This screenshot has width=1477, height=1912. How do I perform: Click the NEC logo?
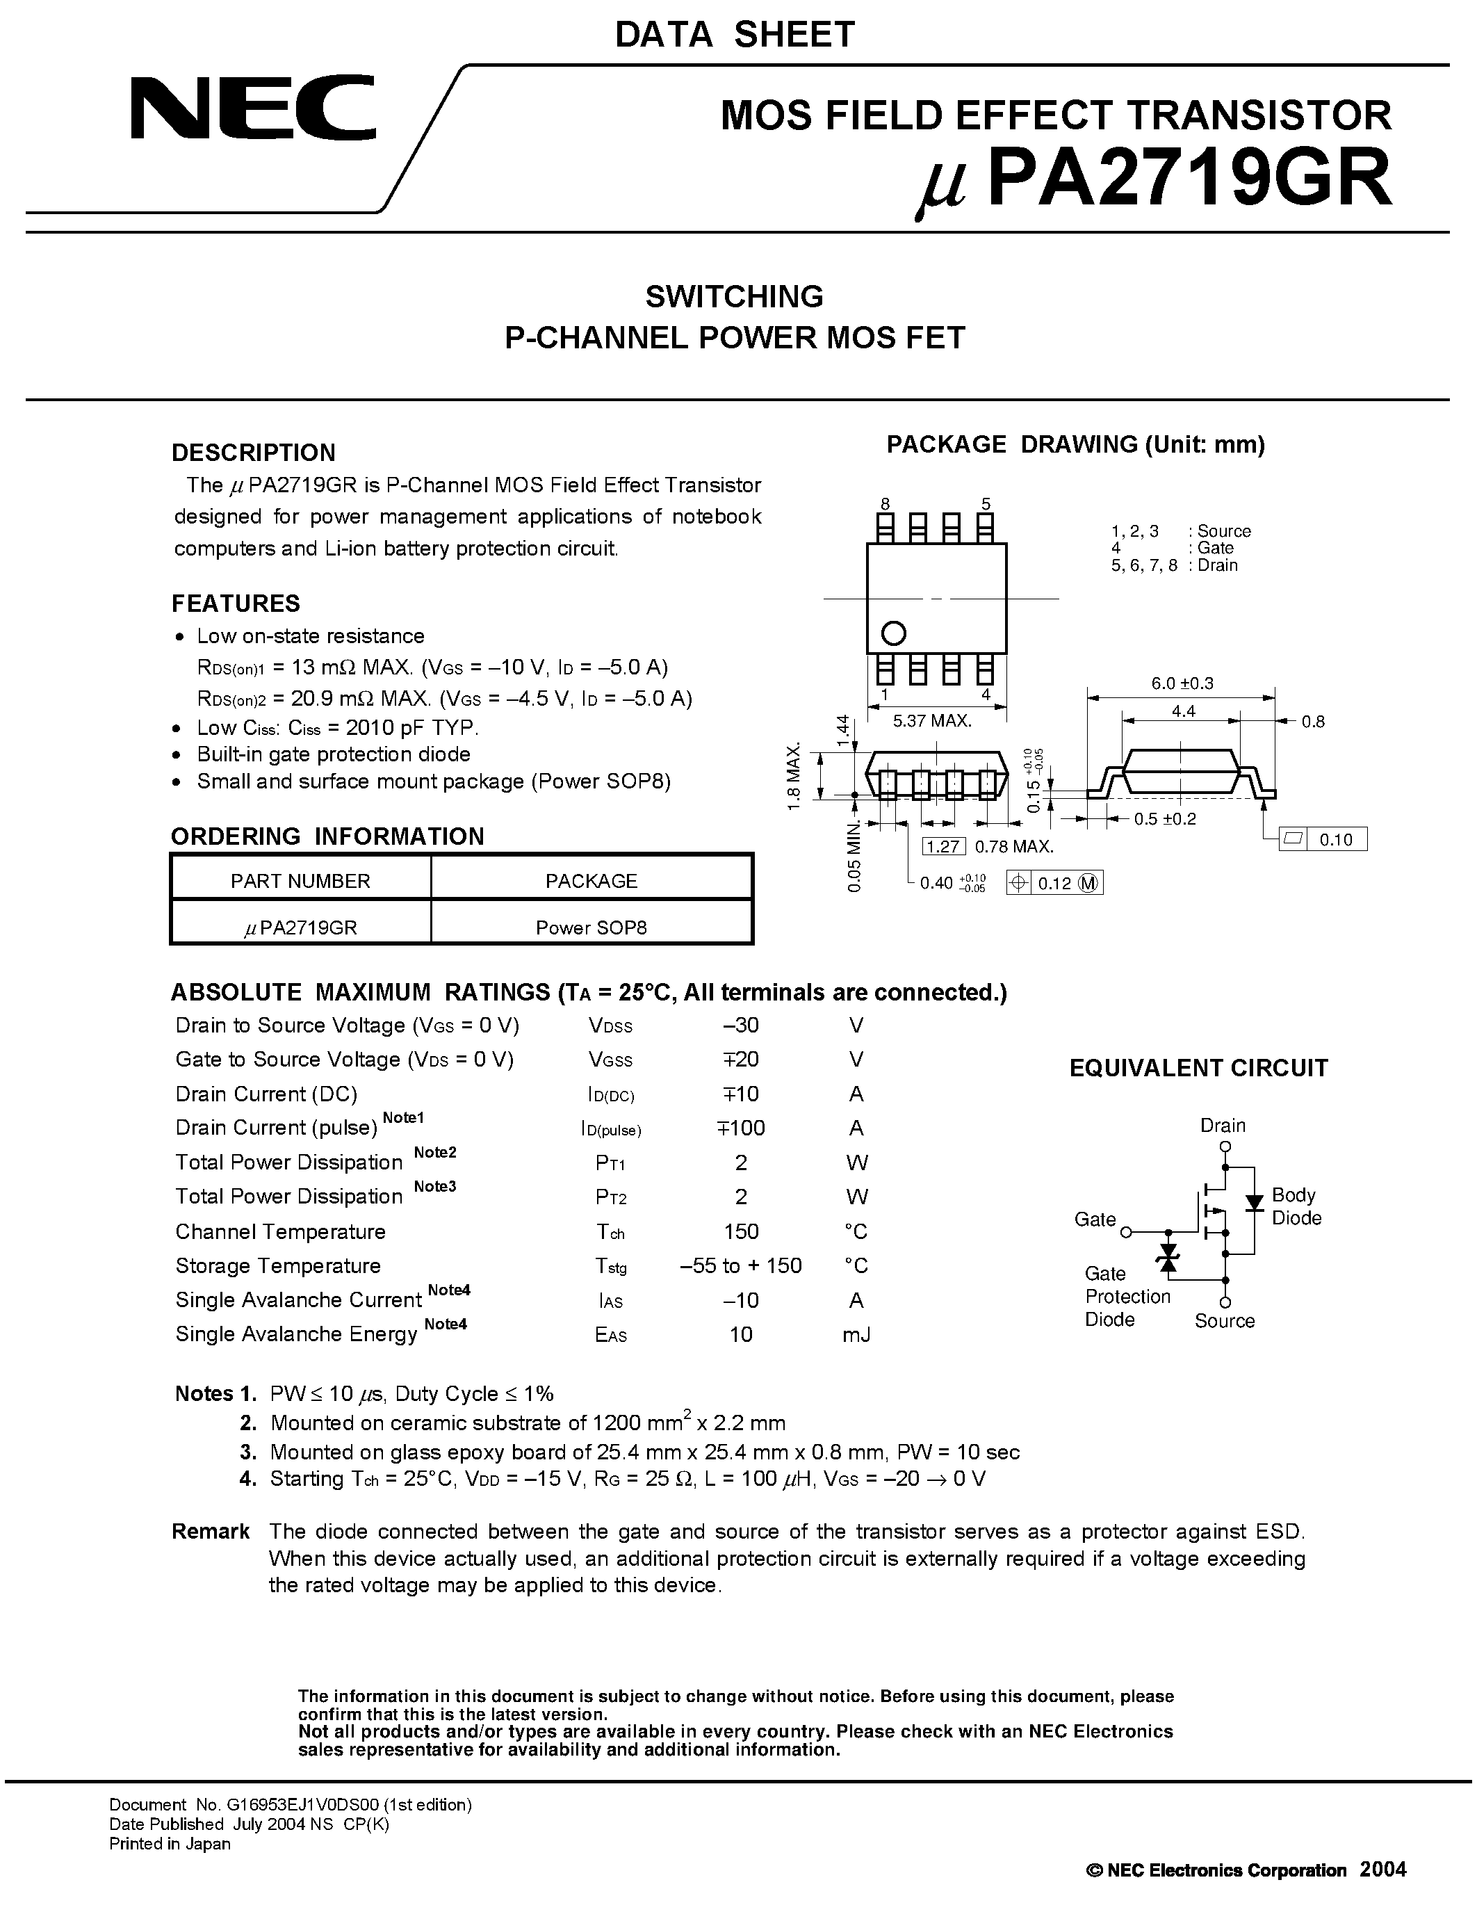click(253, 108)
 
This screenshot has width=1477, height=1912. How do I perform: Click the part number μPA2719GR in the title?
click(1153, 180)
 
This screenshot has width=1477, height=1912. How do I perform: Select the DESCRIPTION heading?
click(253, 453)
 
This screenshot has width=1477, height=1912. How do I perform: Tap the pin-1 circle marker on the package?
click(892, 632)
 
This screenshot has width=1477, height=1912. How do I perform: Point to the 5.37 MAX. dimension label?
click(932, 720)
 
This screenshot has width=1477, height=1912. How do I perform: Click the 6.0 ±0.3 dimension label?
click(1181, 683)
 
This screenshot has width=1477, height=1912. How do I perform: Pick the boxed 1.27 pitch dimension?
click(943, 845)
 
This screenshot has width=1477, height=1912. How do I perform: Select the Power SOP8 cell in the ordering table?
click(591, 927)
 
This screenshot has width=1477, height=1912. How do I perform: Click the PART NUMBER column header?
click(300, 881)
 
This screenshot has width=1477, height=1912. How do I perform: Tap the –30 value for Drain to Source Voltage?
click(740, 1025)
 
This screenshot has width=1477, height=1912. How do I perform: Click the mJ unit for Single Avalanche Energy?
click(856, 1334)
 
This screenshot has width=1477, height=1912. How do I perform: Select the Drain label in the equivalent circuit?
click(1223, 1126)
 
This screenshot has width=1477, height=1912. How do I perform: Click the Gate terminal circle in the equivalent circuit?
click(1126, 1232)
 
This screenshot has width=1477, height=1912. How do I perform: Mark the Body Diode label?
click(1296, 1206)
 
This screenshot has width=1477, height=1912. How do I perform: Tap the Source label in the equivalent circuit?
click(1224, 1321)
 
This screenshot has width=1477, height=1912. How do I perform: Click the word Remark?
click(210, 1531)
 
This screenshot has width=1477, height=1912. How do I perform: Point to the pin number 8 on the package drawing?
click(886, 503)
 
